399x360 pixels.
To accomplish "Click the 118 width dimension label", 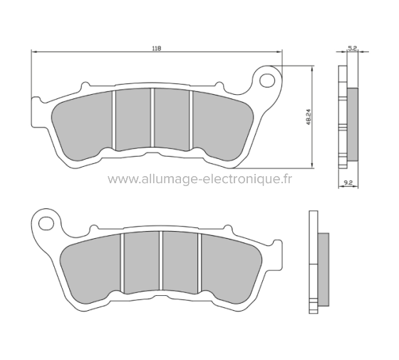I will [156, 48].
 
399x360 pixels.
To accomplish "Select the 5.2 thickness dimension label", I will [351, 48].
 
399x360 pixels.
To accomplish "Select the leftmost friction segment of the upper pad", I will [83, 125].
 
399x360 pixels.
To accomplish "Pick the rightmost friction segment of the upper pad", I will [219, 125].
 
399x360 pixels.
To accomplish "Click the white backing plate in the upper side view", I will [341, 121].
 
